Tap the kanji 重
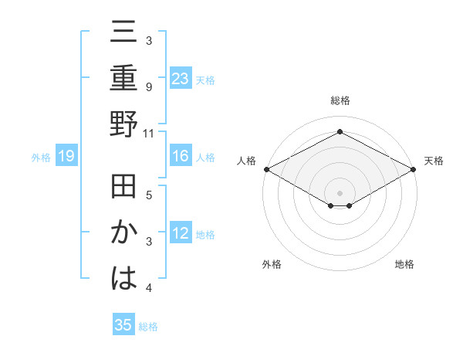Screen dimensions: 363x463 123,79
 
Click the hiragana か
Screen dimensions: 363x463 123,234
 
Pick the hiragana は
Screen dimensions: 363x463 123,278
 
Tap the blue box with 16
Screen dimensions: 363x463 181,157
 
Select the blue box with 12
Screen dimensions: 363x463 181,234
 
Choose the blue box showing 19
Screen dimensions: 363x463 66,157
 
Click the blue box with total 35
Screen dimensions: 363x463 123,325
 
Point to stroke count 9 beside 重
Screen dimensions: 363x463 149,87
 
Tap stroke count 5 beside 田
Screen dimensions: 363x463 149,195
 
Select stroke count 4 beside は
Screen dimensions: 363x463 149,288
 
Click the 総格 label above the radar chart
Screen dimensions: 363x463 340,101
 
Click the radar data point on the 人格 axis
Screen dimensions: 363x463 266,169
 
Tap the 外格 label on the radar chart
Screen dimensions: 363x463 272,264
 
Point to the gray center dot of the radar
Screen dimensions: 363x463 340,192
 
